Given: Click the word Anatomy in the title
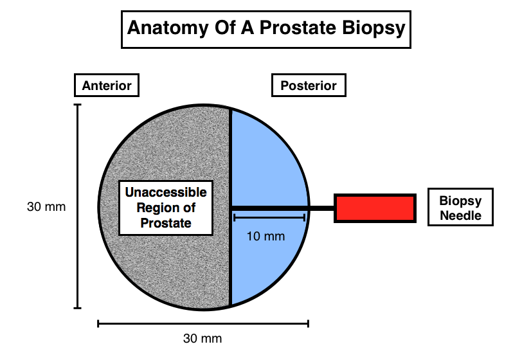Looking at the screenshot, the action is [167, 28].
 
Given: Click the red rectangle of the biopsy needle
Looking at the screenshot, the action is [375, 208].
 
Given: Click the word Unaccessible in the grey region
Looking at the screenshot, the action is [166, 192].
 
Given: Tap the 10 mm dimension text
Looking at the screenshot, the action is [266, 236].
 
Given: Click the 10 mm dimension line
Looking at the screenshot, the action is [269, 218].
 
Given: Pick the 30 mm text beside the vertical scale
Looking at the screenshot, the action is [46, 206].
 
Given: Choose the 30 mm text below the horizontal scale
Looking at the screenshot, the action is [203, 338].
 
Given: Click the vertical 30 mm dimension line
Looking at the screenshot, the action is [78, 206].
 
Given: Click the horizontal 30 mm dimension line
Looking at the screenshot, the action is [203, 324].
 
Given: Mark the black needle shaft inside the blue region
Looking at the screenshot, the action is [269, 208].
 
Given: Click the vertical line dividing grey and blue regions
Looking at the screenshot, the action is [230, 207].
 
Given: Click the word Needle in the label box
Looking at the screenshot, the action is [460, 215].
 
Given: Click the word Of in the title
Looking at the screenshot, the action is [224, 28].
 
